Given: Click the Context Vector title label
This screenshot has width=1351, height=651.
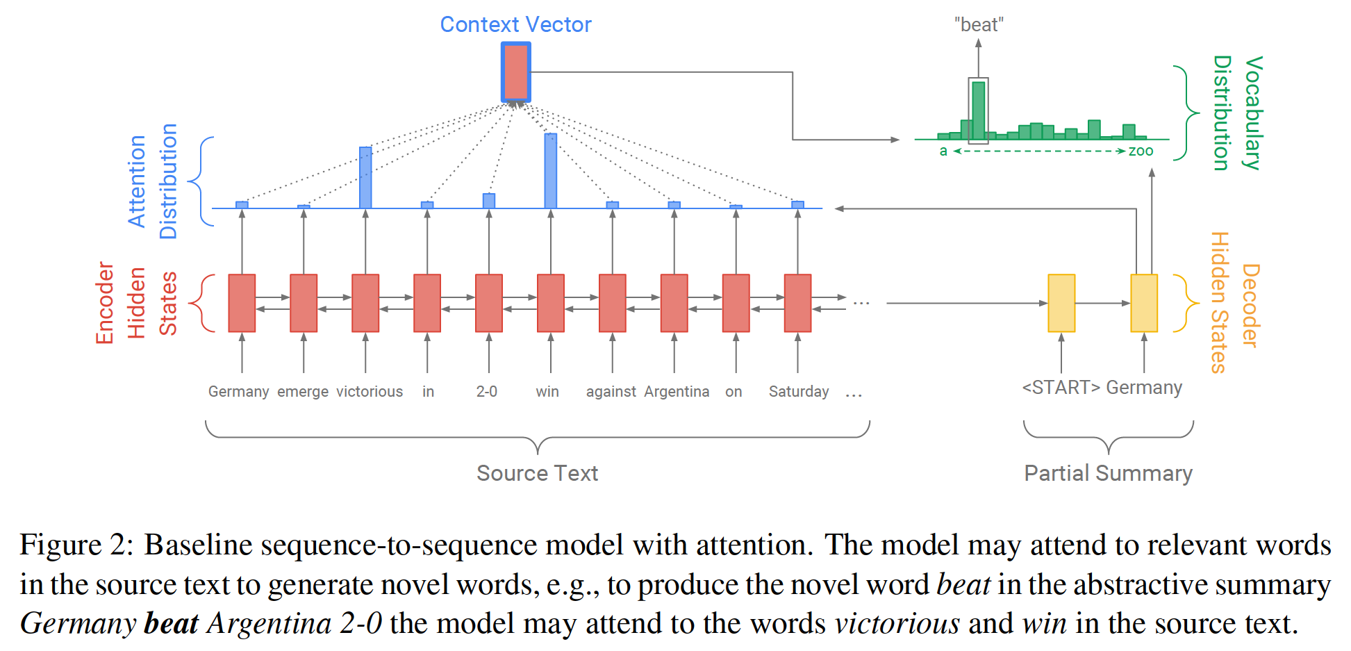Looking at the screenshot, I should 515,24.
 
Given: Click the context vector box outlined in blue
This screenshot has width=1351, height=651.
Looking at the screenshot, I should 515,72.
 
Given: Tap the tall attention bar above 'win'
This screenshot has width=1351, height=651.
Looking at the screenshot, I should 550,170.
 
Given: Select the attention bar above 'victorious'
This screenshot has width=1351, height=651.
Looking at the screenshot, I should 365,177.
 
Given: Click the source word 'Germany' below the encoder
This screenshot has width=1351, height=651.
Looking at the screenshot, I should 238,392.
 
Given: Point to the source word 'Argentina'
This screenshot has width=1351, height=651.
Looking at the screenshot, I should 677,392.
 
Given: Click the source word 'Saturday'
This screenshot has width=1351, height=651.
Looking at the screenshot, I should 798,392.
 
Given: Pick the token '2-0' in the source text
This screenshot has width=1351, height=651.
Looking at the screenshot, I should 486,392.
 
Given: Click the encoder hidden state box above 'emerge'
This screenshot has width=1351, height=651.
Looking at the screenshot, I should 304,303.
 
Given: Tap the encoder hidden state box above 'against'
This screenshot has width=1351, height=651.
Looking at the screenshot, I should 612,303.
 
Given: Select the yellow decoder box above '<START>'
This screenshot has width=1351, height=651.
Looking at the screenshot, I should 1061,303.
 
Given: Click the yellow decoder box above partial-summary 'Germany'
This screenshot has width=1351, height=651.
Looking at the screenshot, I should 1143,303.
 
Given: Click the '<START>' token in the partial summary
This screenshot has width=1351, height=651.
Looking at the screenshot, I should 1061,388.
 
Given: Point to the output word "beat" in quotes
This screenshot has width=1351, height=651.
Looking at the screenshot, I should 979,25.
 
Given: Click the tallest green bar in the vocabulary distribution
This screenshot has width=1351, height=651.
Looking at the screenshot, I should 978,111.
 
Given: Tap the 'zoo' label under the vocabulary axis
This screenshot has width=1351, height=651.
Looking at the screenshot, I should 1141,151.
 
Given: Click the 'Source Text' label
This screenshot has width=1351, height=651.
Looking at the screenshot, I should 537,473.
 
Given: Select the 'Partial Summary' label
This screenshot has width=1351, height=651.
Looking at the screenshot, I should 1108,473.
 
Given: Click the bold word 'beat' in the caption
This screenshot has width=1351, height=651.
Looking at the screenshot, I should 171,623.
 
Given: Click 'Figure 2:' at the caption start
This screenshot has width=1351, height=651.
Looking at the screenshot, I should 76,545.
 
